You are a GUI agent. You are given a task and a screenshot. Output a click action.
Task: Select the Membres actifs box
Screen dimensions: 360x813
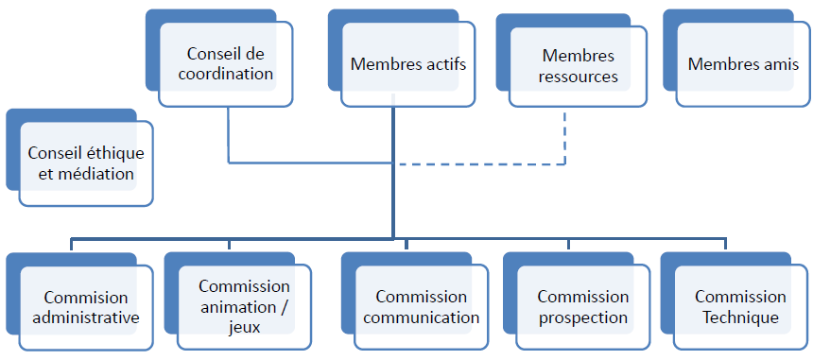click(408, 65)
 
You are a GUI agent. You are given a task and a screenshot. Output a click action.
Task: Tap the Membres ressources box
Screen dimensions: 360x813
click(578, 67)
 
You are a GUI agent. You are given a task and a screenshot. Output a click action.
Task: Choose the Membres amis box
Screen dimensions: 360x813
click(743, 65)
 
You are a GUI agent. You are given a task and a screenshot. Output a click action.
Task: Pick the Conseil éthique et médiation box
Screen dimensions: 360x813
click(86, 163)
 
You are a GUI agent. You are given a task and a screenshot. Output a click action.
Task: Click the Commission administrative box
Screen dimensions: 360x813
click(86, 307)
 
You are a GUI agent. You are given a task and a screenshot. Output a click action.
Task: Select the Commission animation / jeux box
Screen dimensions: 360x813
click(244, 306)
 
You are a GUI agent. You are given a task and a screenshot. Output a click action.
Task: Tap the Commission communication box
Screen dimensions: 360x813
click(421, 307)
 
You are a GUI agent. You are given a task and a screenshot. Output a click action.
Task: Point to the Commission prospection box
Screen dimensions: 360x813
click(583, 307)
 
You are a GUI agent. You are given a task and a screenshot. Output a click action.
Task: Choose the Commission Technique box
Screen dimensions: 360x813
click(740, 307)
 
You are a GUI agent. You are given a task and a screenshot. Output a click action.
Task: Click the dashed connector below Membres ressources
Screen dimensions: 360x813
click(564, 137)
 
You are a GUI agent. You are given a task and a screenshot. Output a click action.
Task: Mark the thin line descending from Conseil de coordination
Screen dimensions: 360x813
click(229, 132)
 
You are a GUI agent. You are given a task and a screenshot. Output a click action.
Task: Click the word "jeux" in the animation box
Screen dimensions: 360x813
click(244, 327)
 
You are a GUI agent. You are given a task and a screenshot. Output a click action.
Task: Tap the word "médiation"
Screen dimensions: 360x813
click(98, 174)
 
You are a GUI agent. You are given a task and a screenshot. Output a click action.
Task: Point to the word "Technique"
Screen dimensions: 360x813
click(740, 317)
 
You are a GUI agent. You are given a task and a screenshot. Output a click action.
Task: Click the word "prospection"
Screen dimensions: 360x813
click(583, 317)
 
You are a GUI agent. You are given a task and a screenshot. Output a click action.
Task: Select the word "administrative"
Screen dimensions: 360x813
click(86, 317)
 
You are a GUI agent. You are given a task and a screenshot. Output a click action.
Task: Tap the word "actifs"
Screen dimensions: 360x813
click(444, 65)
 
